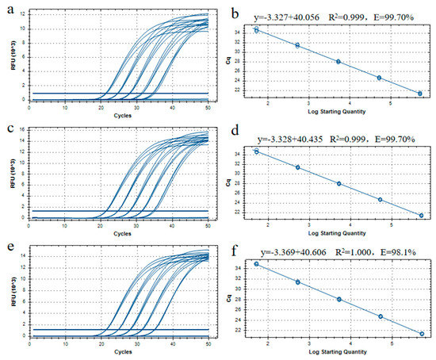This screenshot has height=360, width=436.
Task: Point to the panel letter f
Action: pyautogui.click(x=229, y=247)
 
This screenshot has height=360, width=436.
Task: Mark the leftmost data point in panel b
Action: pyautogui.click(x=256, y=29)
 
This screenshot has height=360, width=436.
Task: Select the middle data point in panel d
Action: pyautogui.click(x=338, y=183)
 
